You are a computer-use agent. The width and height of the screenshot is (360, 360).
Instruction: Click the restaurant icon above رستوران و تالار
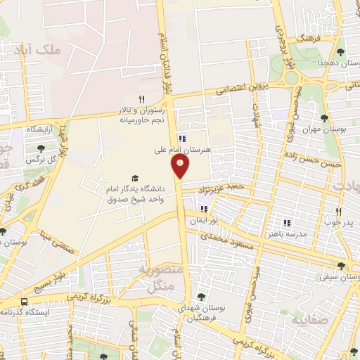coord(141,99)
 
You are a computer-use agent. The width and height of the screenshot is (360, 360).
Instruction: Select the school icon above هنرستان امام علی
coord(182,139)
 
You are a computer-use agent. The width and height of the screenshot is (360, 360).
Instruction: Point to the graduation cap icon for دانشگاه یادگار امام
coord(134,179)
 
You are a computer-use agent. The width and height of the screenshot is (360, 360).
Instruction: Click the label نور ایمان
coord(202,221)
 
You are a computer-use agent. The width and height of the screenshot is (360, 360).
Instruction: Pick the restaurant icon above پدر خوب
coord(338,212)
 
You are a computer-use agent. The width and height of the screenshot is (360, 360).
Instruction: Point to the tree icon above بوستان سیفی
coord(341,266)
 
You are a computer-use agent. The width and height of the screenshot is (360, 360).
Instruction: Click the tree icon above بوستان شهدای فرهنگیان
coord(202,297)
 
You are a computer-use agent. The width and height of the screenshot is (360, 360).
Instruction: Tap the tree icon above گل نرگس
coord(41,148)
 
